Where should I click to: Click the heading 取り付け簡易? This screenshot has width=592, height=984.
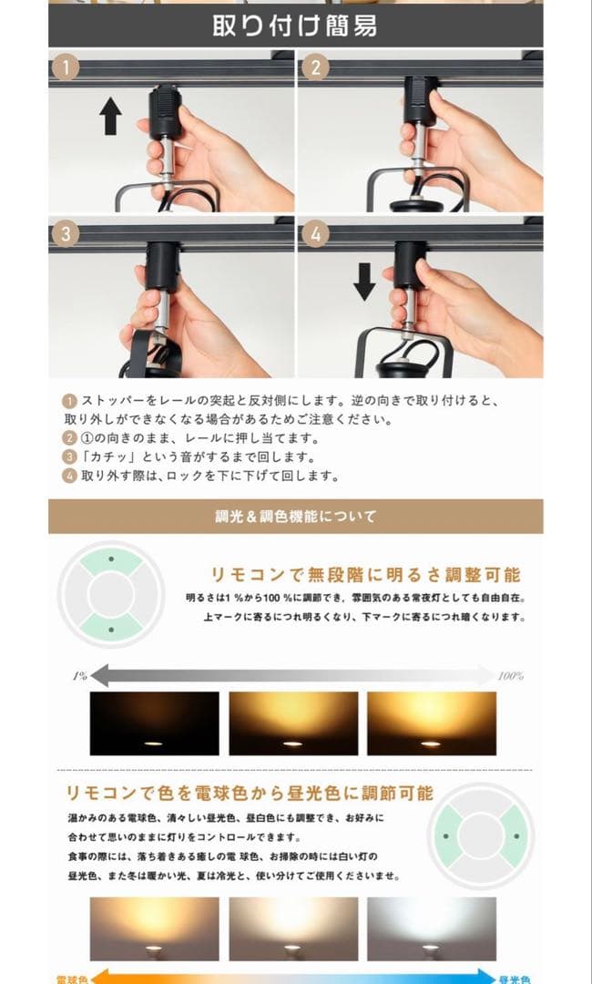point(295,25)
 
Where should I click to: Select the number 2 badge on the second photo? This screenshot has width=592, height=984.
point(315,67)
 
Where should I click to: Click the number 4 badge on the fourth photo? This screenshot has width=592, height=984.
point(315,232)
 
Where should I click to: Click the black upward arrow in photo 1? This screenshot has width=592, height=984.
point(111,118)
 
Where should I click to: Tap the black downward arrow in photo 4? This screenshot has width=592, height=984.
point(364,282)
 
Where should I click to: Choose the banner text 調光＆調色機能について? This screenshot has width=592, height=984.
point(295,517)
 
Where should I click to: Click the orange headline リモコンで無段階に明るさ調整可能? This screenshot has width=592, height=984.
point(366,575)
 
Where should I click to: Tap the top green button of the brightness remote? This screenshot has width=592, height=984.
point(111,560)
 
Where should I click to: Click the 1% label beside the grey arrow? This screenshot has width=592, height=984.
point(79,676)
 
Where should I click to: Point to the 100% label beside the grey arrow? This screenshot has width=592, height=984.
point(510,676)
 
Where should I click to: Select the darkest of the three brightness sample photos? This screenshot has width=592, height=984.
point(154,723)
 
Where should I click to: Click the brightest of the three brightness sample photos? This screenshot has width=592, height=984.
point(432,723)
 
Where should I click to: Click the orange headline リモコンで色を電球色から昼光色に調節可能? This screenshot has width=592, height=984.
point(249,793)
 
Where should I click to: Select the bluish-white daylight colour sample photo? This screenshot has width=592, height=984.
point(432,928)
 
